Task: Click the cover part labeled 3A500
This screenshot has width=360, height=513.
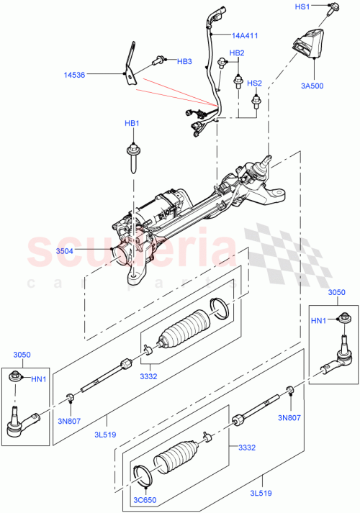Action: [x=307, y=47]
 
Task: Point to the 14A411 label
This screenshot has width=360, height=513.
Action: [x=246, y=35]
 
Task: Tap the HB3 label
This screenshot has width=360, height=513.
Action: [x=184, y=62]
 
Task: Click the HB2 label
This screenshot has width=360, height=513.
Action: [x=237, y=53]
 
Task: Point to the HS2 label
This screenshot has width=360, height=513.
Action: [x=255, y=83]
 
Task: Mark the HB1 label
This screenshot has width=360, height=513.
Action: [x=131, y=124]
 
